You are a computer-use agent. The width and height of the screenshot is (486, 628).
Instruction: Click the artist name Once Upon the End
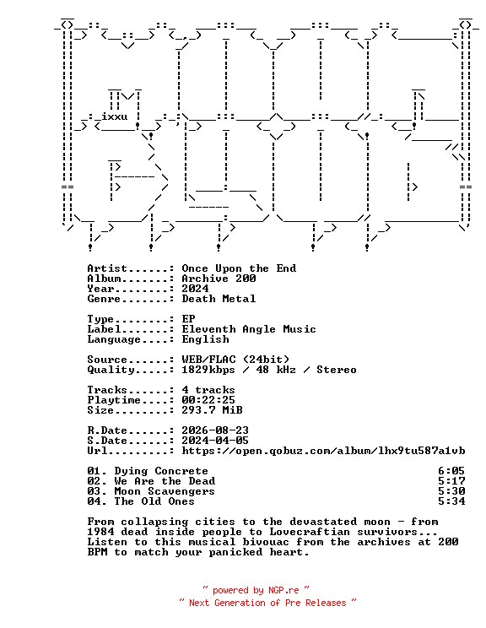tap(239, 268)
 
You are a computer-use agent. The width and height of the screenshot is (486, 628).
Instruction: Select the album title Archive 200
tap(219, 279)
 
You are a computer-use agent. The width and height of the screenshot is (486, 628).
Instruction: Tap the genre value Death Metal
tap(219, 299)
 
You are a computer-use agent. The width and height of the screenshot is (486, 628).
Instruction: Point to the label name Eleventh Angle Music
tap(249, 330)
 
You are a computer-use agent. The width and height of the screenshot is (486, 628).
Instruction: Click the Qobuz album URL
tap(323, 451)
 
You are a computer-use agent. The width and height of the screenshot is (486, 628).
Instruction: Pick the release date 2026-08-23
tap(215, 430)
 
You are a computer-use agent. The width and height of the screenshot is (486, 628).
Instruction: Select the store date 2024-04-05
tap(215, 441)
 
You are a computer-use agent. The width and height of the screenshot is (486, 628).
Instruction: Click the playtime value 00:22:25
tap(208, 400)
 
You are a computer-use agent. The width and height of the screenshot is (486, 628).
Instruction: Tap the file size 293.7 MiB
tap(212, 410)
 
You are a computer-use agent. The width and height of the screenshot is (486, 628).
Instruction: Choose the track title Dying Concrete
tap(161, 471)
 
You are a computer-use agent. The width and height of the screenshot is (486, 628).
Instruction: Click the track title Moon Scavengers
tap(165, 491)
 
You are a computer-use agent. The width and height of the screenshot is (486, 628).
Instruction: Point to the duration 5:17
tap(451, 481)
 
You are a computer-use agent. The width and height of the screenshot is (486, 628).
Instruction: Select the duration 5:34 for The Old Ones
tap(451, 501)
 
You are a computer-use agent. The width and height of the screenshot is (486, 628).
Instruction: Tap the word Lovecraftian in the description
tap(310, 532)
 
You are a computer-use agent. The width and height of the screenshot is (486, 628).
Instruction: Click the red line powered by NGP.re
tap(256, 590)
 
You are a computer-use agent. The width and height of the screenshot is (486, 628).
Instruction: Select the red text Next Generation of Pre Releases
tap(267, 603)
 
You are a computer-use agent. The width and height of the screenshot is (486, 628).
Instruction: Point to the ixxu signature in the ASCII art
tap(115, 116)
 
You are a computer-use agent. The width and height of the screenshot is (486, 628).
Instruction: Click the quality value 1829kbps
tap(208, 370)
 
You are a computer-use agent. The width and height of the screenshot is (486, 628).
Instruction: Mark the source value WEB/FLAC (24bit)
tap(235, 360)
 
